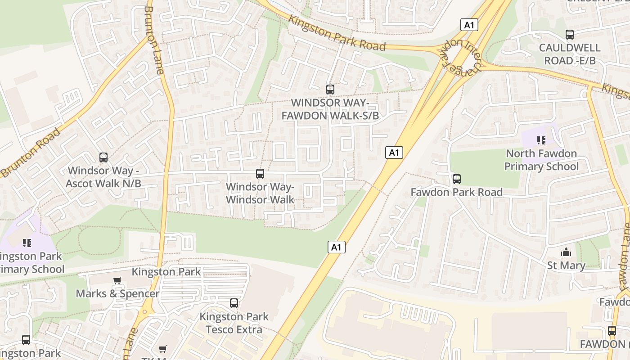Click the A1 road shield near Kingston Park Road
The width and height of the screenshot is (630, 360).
click(x=469, y=25)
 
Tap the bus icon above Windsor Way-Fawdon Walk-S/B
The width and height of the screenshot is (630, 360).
click(x=330, y=89)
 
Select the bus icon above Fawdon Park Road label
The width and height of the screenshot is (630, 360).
click(x=457, y=179)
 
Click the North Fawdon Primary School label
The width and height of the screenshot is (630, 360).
click(x=541, y=160)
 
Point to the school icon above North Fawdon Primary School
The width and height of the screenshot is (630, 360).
click(x=541, y=140)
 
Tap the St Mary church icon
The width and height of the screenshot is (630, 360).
click(x=566, y=252)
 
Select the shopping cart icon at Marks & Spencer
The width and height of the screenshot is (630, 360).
click(x=117, y=281)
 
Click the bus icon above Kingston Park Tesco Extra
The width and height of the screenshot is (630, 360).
click(x=234, y=303)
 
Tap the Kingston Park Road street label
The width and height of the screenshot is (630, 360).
click(x=337, y=33)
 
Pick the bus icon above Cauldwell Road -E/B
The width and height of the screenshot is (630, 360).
click(x=570, y=35)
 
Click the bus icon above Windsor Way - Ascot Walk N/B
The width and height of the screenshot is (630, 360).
click(x=103, y=157)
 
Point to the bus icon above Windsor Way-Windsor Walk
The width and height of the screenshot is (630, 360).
click(x=260, y=174)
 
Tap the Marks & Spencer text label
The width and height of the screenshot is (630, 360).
click(x=117, y=294)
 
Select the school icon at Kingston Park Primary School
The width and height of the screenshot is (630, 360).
click(x=27, y=243)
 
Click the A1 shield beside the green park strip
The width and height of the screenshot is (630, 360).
click(x=336, y=247)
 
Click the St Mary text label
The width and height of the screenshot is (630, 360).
click(x=566, y=265)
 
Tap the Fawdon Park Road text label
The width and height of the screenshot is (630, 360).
click(x=456, y=193)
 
